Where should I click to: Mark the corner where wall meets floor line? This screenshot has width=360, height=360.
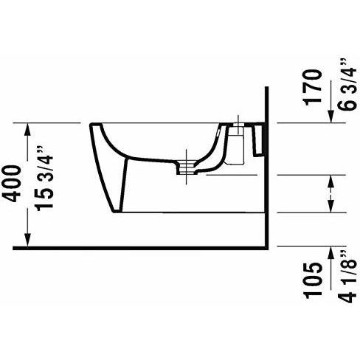pyautogui.click(x=264, y=246)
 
